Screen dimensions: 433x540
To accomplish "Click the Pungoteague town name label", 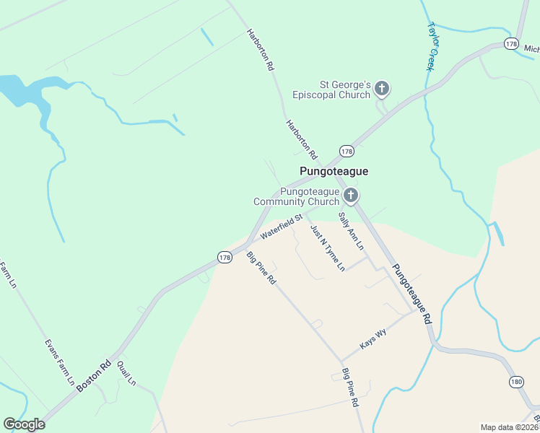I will click(334, 171).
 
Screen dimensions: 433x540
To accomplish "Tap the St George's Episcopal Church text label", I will click(331, 89).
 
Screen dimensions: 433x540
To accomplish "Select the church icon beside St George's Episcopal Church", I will click(382, 89).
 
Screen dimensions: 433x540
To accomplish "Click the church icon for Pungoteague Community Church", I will click(351, 196).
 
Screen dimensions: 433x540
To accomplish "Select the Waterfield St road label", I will click(281, 229).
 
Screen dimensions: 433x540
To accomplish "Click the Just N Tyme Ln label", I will click(327, 248).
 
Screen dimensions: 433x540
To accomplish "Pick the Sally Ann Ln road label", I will click(351, 230).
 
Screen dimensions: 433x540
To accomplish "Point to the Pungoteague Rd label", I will click(411, 292).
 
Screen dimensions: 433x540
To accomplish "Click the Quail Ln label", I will click(126, 373).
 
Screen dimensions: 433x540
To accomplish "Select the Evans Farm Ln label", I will click(60, 365).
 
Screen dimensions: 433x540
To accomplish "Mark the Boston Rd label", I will click(94, 375).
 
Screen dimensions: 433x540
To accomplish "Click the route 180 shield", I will click(515, 382).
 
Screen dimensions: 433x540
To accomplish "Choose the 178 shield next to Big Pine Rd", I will click(225, 256).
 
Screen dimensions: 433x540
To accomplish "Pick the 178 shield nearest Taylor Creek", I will click(512, 44).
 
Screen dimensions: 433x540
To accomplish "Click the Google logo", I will click(25, 424).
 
